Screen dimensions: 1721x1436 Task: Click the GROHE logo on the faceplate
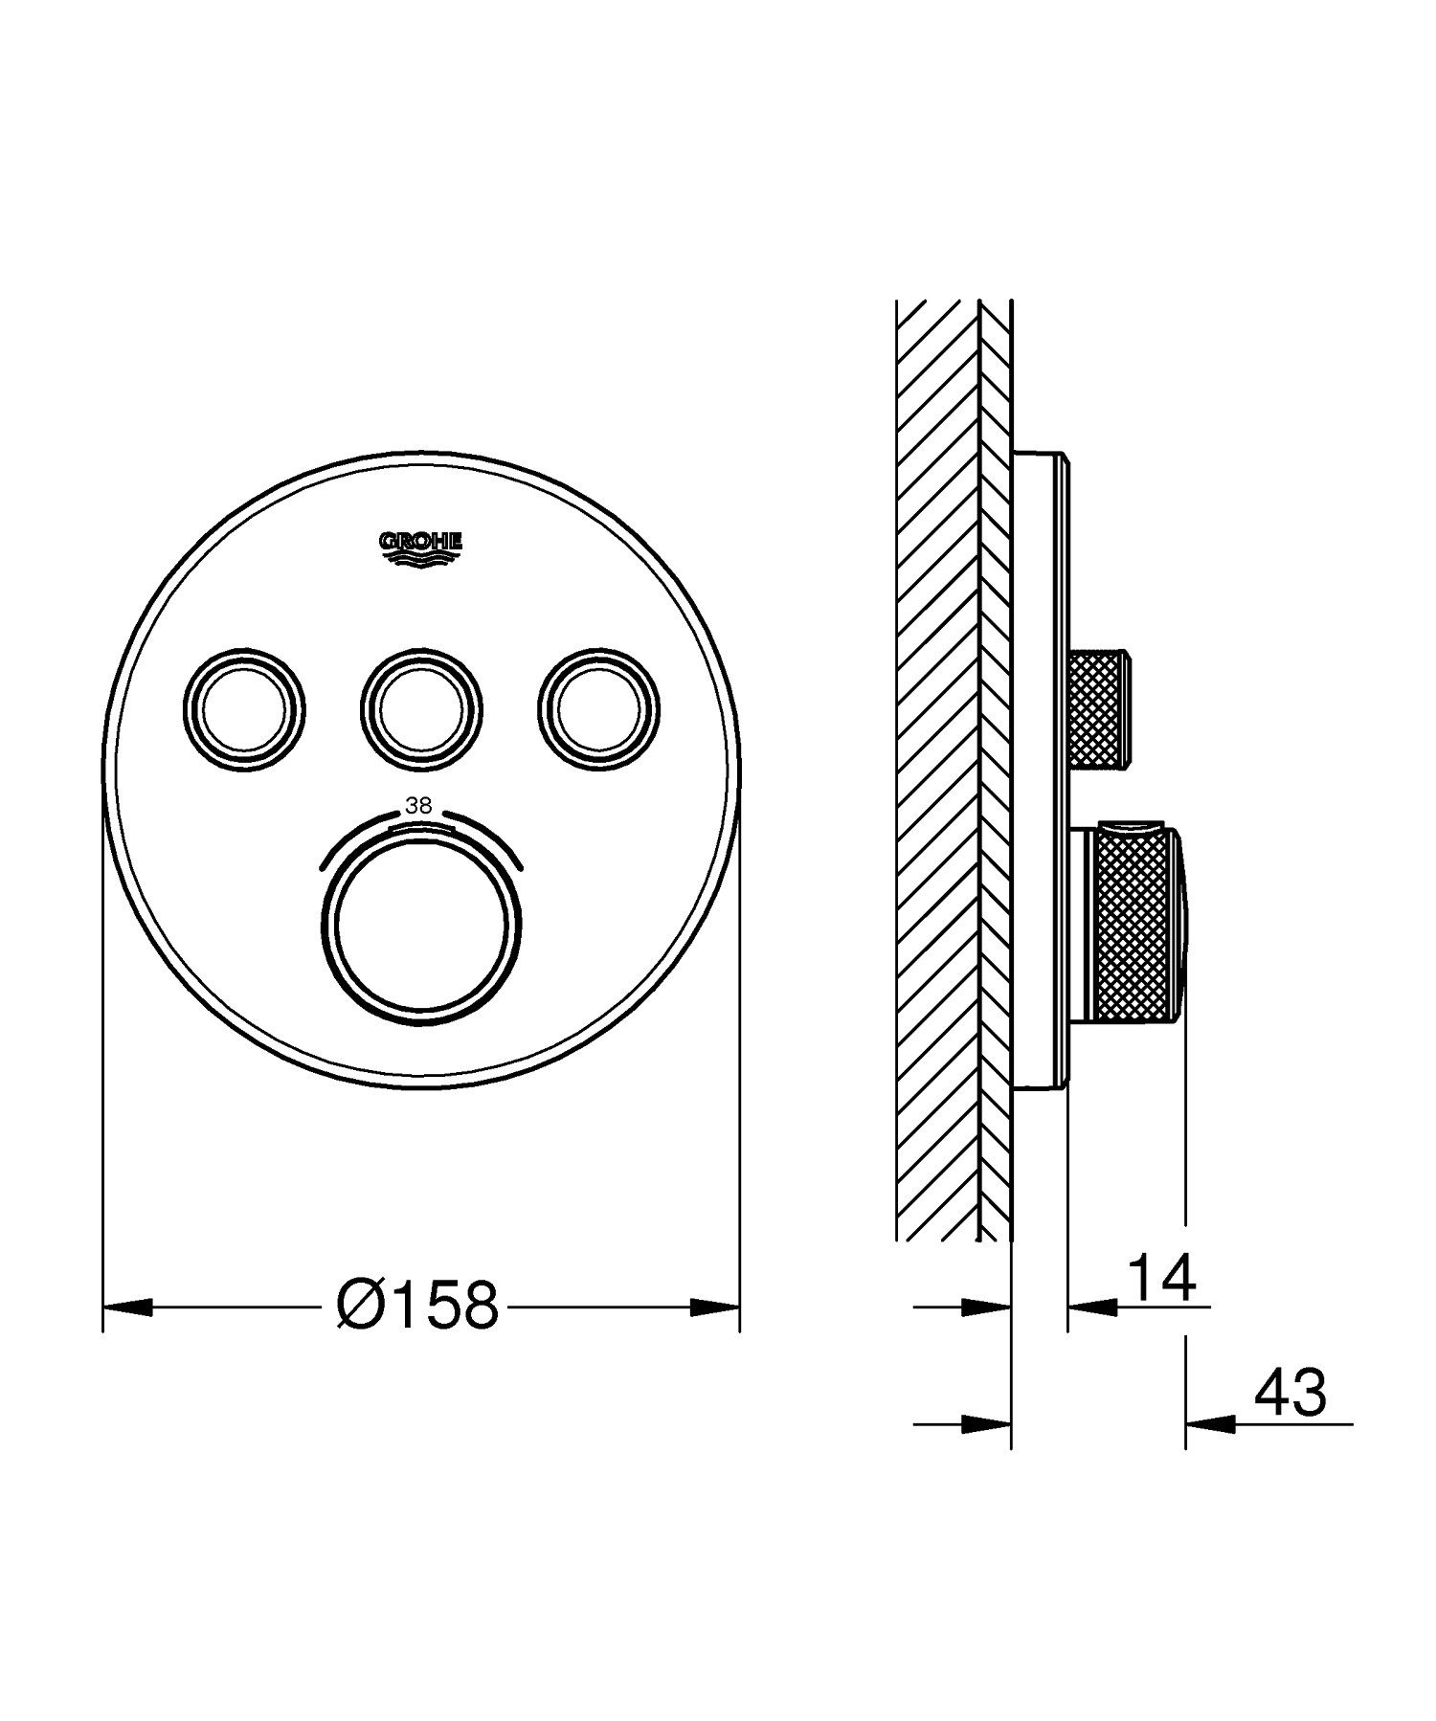(x=421, y=548)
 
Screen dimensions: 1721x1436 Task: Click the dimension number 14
(x=1163, y=1279)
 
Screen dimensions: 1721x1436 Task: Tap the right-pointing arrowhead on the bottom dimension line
(x=986, y=1424)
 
